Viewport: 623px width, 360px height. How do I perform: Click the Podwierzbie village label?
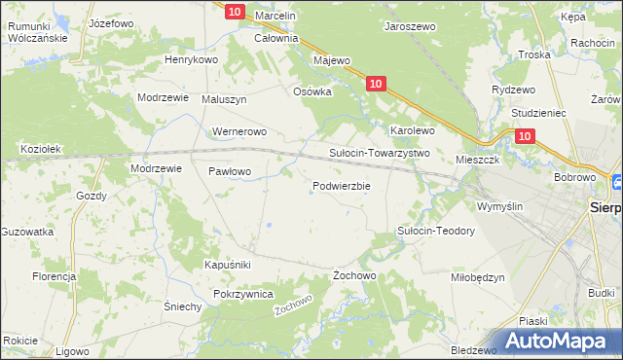point(341,186)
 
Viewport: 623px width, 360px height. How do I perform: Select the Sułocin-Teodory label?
point(435,231)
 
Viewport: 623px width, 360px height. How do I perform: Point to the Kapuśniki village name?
point(228,265)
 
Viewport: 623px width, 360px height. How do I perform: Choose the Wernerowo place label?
point(238,131)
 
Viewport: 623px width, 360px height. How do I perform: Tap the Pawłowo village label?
point(230,171)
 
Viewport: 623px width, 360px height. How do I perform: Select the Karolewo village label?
point(412,129)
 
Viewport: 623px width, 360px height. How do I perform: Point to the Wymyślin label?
point(499,206)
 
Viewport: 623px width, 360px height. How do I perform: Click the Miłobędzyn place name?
point(478,277)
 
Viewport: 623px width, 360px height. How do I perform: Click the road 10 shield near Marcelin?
point(234,12)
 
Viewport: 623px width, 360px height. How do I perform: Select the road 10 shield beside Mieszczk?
point(525,137)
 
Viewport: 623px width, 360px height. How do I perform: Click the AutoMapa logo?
point(558,341)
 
